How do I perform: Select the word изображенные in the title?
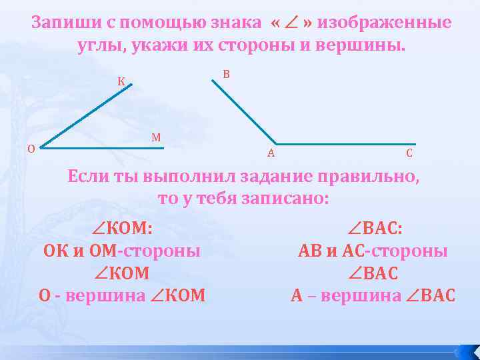[385, 24]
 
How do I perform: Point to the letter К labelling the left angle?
[121, 82]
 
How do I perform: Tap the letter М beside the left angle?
[156, 138]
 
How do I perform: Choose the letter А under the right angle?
[271, 153]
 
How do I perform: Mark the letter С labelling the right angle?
[409, 153]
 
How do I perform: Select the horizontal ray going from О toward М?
[100, 148]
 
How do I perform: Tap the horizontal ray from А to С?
[347, 144]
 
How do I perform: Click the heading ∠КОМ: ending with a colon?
[123, 229]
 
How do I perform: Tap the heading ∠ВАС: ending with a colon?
[374, 229]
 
